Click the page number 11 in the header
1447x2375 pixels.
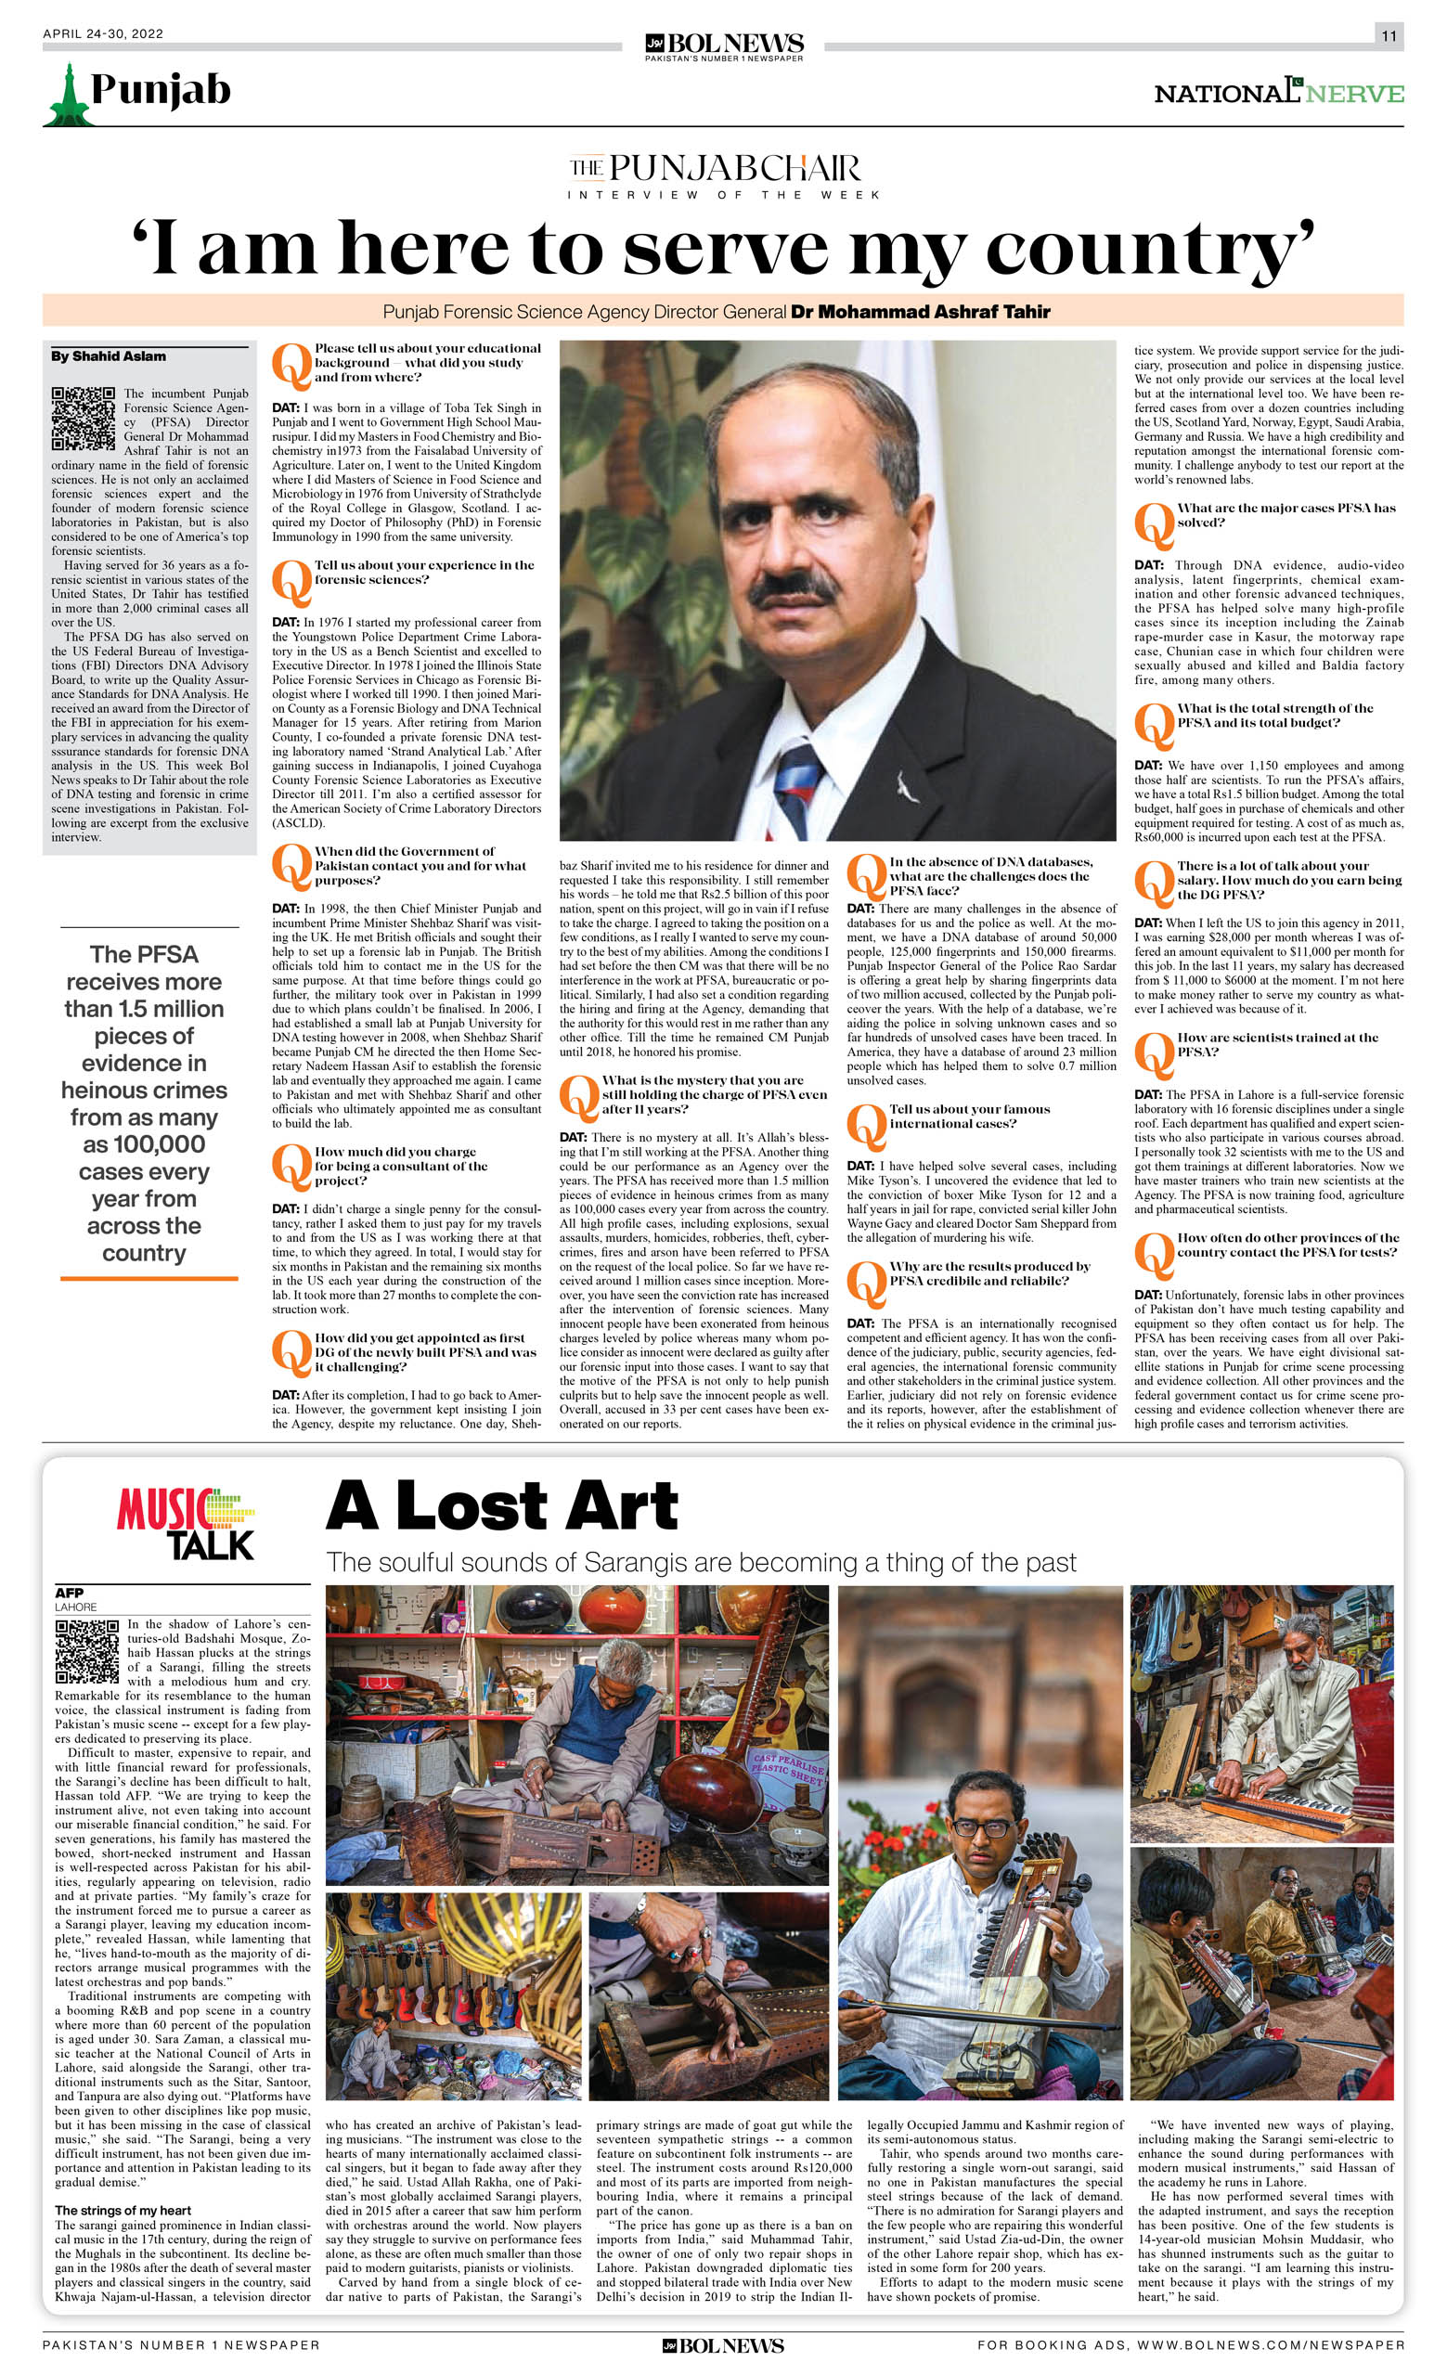(x=1389, y=36)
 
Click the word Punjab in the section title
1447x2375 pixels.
(x=161, y=90)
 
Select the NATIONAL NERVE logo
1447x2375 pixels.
(x=1278, y=93)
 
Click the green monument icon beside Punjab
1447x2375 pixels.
(x=69, y=96)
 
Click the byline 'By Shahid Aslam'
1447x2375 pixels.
(x=109, y=356)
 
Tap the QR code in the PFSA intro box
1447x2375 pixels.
(x=83, y=419)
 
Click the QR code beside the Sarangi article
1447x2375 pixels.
(x=86, y=1651)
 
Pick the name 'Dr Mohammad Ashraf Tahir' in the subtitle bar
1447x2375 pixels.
(x=920, y=311)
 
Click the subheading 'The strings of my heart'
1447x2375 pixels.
(x=123, y=2210)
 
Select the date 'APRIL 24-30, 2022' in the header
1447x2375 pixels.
(x=103, y=33)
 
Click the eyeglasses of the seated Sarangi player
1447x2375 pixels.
(x=982, y=1826)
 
